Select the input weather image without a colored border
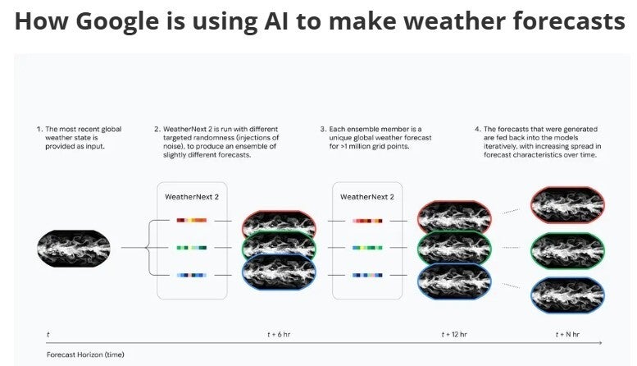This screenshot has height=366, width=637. click(x=74, y=247)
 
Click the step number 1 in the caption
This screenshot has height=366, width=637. click(x=38, y=130)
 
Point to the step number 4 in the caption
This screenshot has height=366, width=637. click(x=478, y=130)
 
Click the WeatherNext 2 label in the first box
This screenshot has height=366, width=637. click(x=192, y=197)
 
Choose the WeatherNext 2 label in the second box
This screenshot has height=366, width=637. click(x=366, y=197)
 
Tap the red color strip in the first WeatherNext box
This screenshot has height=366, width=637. click(x=191, y=220)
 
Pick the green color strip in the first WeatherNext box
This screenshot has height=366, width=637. click(x=191, y=247)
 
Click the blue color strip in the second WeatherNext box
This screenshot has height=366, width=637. click(x=366, y=274)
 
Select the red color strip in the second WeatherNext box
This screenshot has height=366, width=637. click(x=366, y=220)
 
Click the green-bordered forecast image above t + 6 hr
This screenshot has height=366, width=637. click(x=279, y=247)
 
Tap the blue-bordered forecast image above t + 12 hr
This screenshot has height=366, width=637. click(x=454, y=279)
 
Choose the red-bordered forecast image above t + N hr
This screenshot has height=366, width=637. click(x=567, y=205)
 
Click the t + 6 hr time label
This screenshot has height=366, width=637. click(x=279, y=334)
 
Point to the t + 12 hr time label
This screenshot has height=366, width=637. click(x=454, y=334)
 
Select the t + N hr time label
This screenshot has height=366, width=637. click(x=567, y=334)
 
